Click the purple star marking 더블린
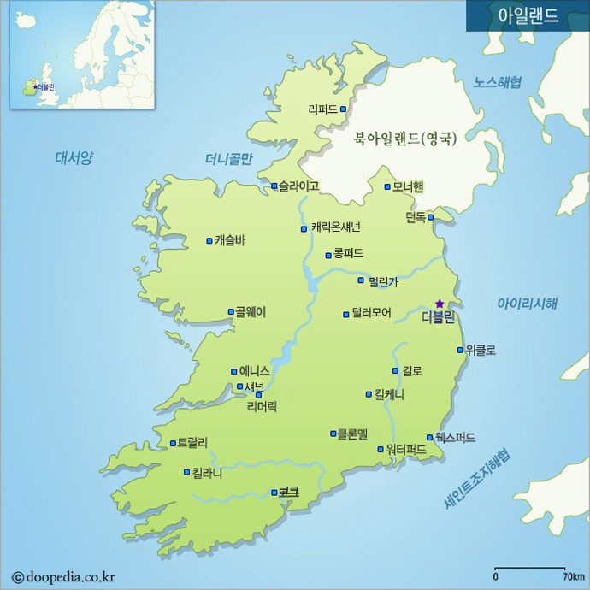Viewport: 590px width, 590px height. (440, 304)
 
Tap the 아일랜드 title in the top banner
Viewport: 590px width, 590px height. (528, 16)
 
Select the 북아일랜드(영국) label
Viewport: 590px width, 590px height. (405, 138)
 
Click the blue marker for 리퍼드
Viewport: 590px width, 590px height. (343, 109)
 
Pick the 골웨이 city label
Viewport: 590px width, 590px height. (251, 312)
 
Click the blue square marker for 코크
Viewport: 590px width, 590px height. (274, 493)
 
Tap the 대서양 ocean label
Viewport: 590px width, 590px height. (74, 157)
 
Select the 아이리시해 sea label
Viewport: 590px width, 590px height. (528, 304)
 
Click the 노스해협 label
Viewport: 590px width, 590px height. (498, 82)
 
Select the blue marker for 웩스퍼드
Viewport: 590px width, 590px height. (429, 437)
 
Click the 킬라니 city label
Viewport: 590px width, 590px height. (208, 472)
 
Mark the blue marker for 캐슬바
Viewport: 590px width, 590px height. (209, 241)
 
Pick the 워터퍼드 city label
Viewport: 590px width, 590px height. (406, 449)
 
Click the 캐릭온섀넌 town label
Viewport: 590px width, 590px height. (336, 227)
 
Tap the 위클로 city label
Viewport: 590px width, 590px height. (481, 350)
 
